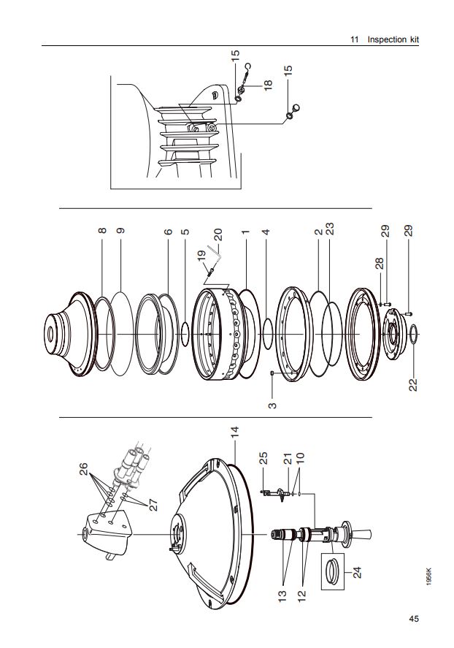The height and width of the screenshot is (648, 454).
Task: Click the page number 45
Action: click(x=414, y=618)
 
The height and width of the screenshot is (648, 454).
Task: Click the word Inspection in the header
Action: click(x=387, y=39)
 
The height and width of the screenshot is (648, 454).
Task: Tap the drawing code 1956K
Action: click(x=430, y=576)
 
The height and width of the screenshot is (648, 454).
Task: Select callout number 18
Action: click(x=269, y=84)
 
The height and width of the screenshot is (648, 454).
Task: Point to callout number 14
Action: click(x=235, y=432)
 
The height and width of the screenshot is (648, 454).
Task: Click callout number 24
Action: click(x=358, y=572)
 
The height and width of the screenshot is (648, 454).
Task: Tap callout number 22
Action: click(x=413, y=385)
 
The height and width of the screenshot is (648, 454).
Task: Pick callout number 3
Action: click(x=272, y=405)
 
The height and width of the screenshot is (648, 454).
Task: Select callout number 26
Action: click(x=83, y=469)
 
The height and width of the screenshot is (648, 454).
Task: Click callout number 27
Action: click(x=153, y=506)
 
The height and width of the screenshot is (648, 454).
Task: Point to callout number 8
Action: click(x=102, y=231)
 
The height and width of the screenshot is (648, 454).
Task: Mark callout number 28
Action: click(x=380, y=263)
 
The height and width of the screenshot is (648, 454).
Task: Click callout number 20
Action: click(x=218, y=235)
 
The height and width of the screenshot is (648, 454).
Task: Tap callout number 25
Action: click(x=263, y=458)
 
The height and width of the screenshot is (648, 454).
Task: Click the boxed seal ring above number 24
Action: click(x=332, y=571)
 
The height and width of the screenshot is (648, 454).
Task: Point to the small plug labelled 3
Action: click(x=272, y=373)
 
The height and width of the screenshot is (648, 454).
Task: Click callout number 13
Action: click(x=282, y=595)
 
